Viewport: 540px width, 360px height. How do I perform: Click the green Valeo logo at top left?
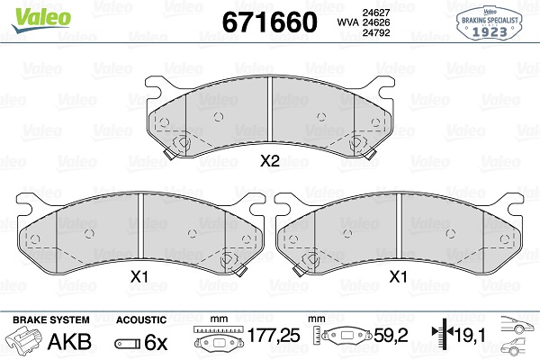pyautogui.click(x=41, y=19)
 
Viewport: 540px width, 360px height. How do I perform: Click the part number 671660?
pyautogui.click(x=270, y=22)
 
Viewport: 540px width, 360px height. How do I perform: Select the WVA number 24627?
pyautogui.click(x=376, y=13)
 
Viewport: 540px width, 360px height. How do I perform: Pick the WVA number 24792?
pyautogui.click(x=376, y=32)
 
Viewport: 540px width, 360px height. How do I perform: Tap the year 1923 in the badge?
pyautogui.click(x=490, y=31)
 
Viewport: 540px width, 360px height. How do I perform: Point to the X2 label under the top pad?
pyautogui.click(x=270, y=160)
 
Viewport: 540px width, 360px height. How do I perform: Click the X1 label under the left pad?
pyautogui.click(x=139, y=276)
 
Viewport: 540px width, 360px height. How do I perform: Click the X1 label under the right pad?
pyautogui.click(x=398, y=276)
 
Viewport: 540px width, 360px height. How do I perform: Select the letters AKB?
pyautogui.click(x=69, y=342)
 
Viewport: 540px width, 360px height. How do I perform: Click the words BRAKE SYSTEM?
pyautogui.click(x=51, y=320)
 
